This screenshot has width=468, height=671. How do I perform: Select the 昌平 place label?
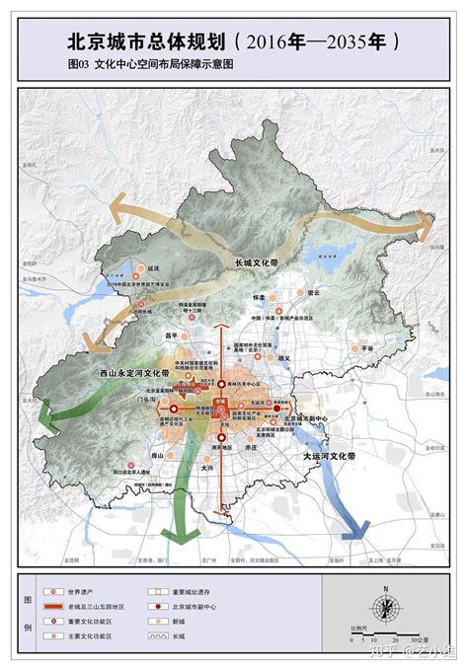click(x=176, y=335)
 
